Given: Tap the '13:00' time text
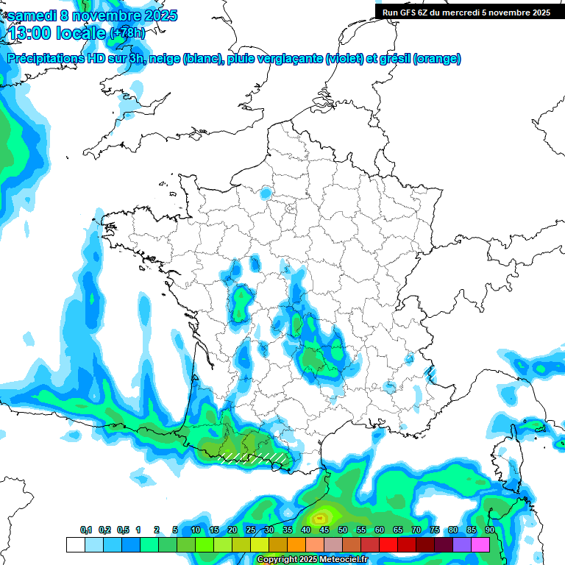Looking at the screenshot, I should [x=29, y=33].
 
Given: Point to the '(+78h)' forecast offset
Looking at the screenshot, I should [x=127, y=33].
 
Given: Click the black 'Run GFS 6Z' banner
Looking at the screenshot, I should [x=466, y=13].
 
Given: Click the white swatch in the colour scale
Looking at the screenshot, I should [x=75, y=544].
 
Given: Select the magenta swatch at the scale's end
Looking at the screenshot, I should [x=480, y=544].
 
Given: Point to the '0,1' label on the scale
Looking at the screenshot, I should [x=86, y=530].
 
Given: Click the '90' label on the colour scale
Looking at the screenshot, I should [x=489, y=530].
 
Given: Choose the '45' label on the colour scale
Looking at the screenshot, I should [x=324, y=530].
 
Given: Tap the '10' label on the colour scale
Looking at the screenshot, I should [x=196, y=530].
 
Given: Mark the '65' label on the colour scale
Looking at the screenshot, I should [x=398, y=530].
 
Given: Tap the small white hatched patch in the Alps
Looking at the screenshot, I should [x=432, y=374].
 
